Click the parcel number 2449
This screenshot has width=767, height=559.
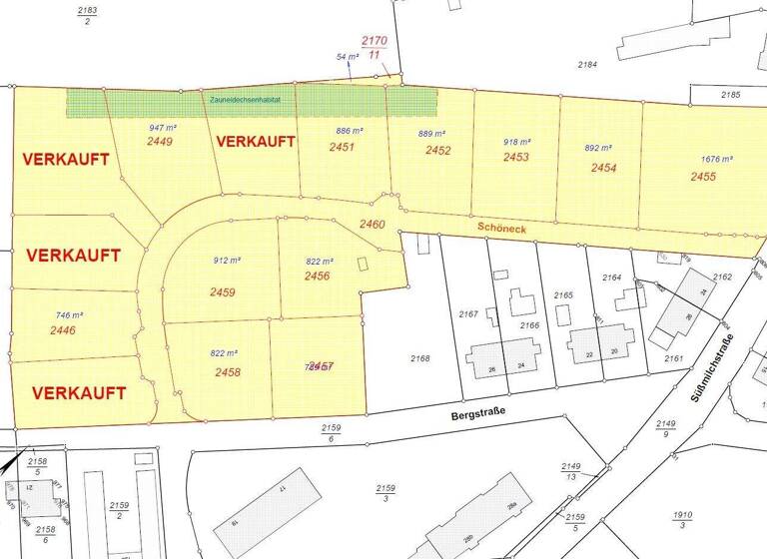[160, 142]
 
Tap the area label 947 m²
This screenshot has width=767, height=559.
[162, 128]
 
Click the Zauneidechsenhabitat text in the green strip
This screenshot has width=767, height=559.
[246, 101]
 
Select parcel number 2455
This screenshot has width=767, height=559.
[703, 177]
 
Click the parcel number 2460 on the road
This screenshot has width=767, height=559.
[373, 225]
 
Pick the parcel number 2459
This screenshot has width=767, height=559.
[223, 292]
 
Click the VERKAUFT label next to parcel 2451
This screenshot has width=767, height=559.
[256, 141]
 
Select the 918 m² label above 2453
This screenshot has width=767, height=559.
[516, 142]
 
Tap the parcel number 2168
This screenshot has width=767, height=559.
[420, 357]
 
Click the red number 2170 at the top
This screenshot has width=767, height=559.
[374, 41]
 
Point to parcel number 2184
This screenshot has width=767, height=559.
[587, 64]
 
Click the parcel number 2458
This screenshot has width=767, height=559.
[227, 372]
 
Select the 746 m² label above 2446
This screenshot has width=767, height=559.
[69, 314]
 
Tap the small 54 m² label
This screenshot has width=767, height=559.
[347, 57]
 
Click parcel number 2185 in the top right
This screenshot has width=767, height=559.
[731, 95]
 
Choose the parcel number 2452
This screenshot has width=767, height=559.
[437, 151]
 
